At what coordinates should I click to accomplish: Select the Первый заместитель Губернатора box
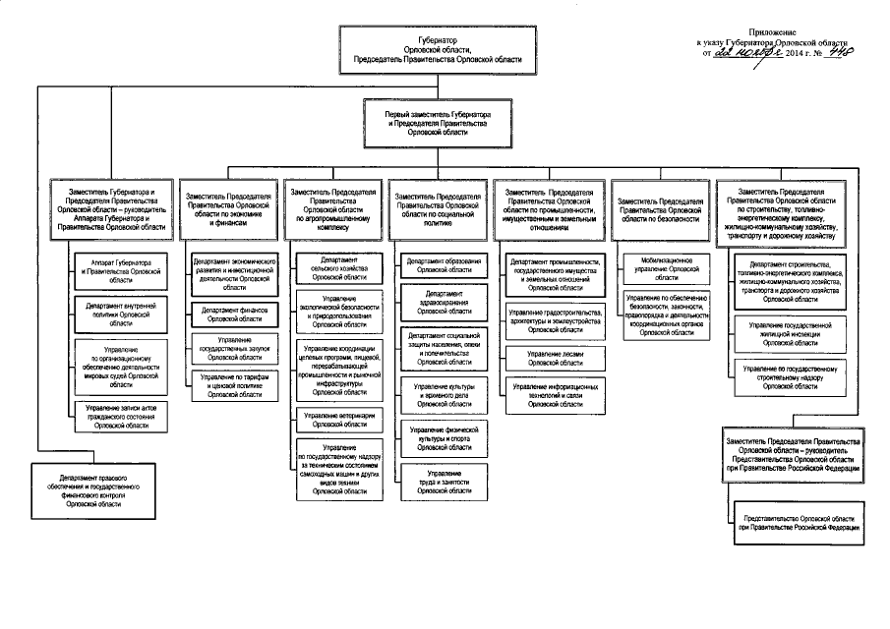437,124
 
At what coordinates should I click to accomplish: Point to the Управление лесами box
556,358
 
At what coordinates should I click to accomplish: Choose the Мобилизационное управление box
661,267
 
